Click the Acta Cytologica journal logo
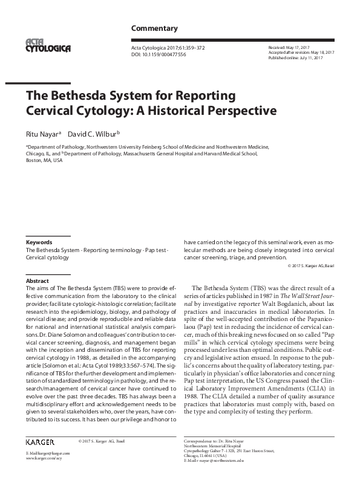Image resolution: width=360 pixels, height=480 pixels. click(48, 45)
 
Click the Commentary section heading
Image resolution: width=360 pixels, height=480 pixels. click(154, 28)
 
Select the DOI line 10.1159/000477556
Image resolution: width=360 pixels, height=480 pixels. click(159, 54)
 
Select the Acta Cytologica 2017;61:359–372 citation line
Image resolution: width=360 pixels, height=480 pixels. click(169, 47)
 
